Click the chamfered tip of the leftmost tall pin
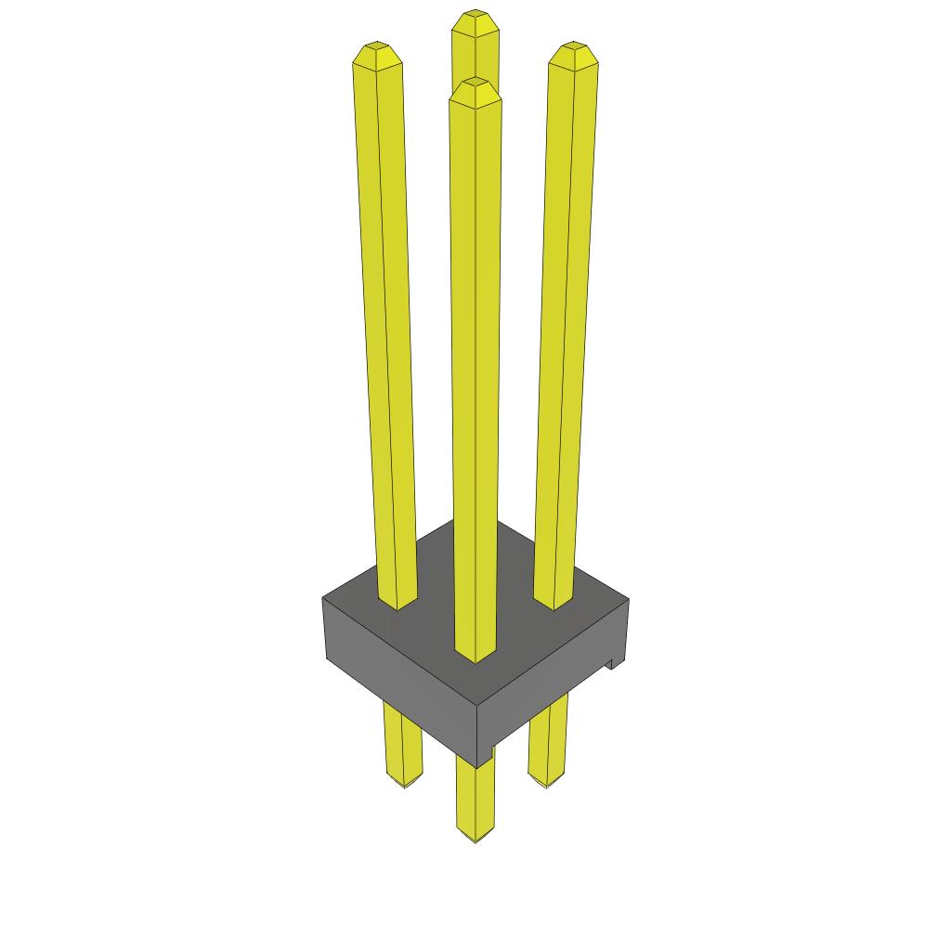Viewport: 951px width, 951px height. coord(376,55)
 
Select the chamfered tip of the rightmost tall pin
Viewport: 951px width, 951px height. coord(573,56)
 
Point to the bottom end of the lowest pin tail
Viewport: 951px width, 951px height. coord(475,838)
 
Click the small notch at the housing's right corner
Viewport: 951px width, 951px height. coord(615,663)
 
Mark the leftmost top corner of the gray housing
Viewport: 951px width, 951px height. coord(323,598)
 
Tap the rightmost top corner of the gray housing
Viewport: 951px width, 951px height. coord(628,600)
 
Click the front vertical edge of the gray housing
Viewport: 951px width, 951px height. coord(476,729)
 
